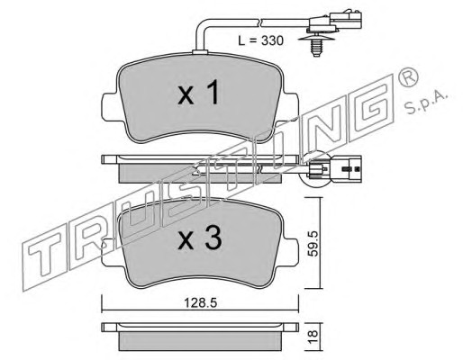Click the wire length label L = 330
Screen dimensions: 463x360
(260, 40)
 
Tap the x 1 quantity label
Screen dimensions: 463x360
(198, 94)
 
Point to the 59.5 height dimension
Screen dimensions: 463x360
(313, 243)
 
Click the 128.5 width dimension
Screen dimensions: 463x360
(200, 303)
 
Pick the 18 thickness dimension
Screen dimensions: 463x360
(313, 337)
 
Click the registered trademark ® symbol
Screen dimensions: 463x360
(408, 77)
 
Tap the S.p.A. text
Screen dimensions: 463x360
(426, 103)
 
